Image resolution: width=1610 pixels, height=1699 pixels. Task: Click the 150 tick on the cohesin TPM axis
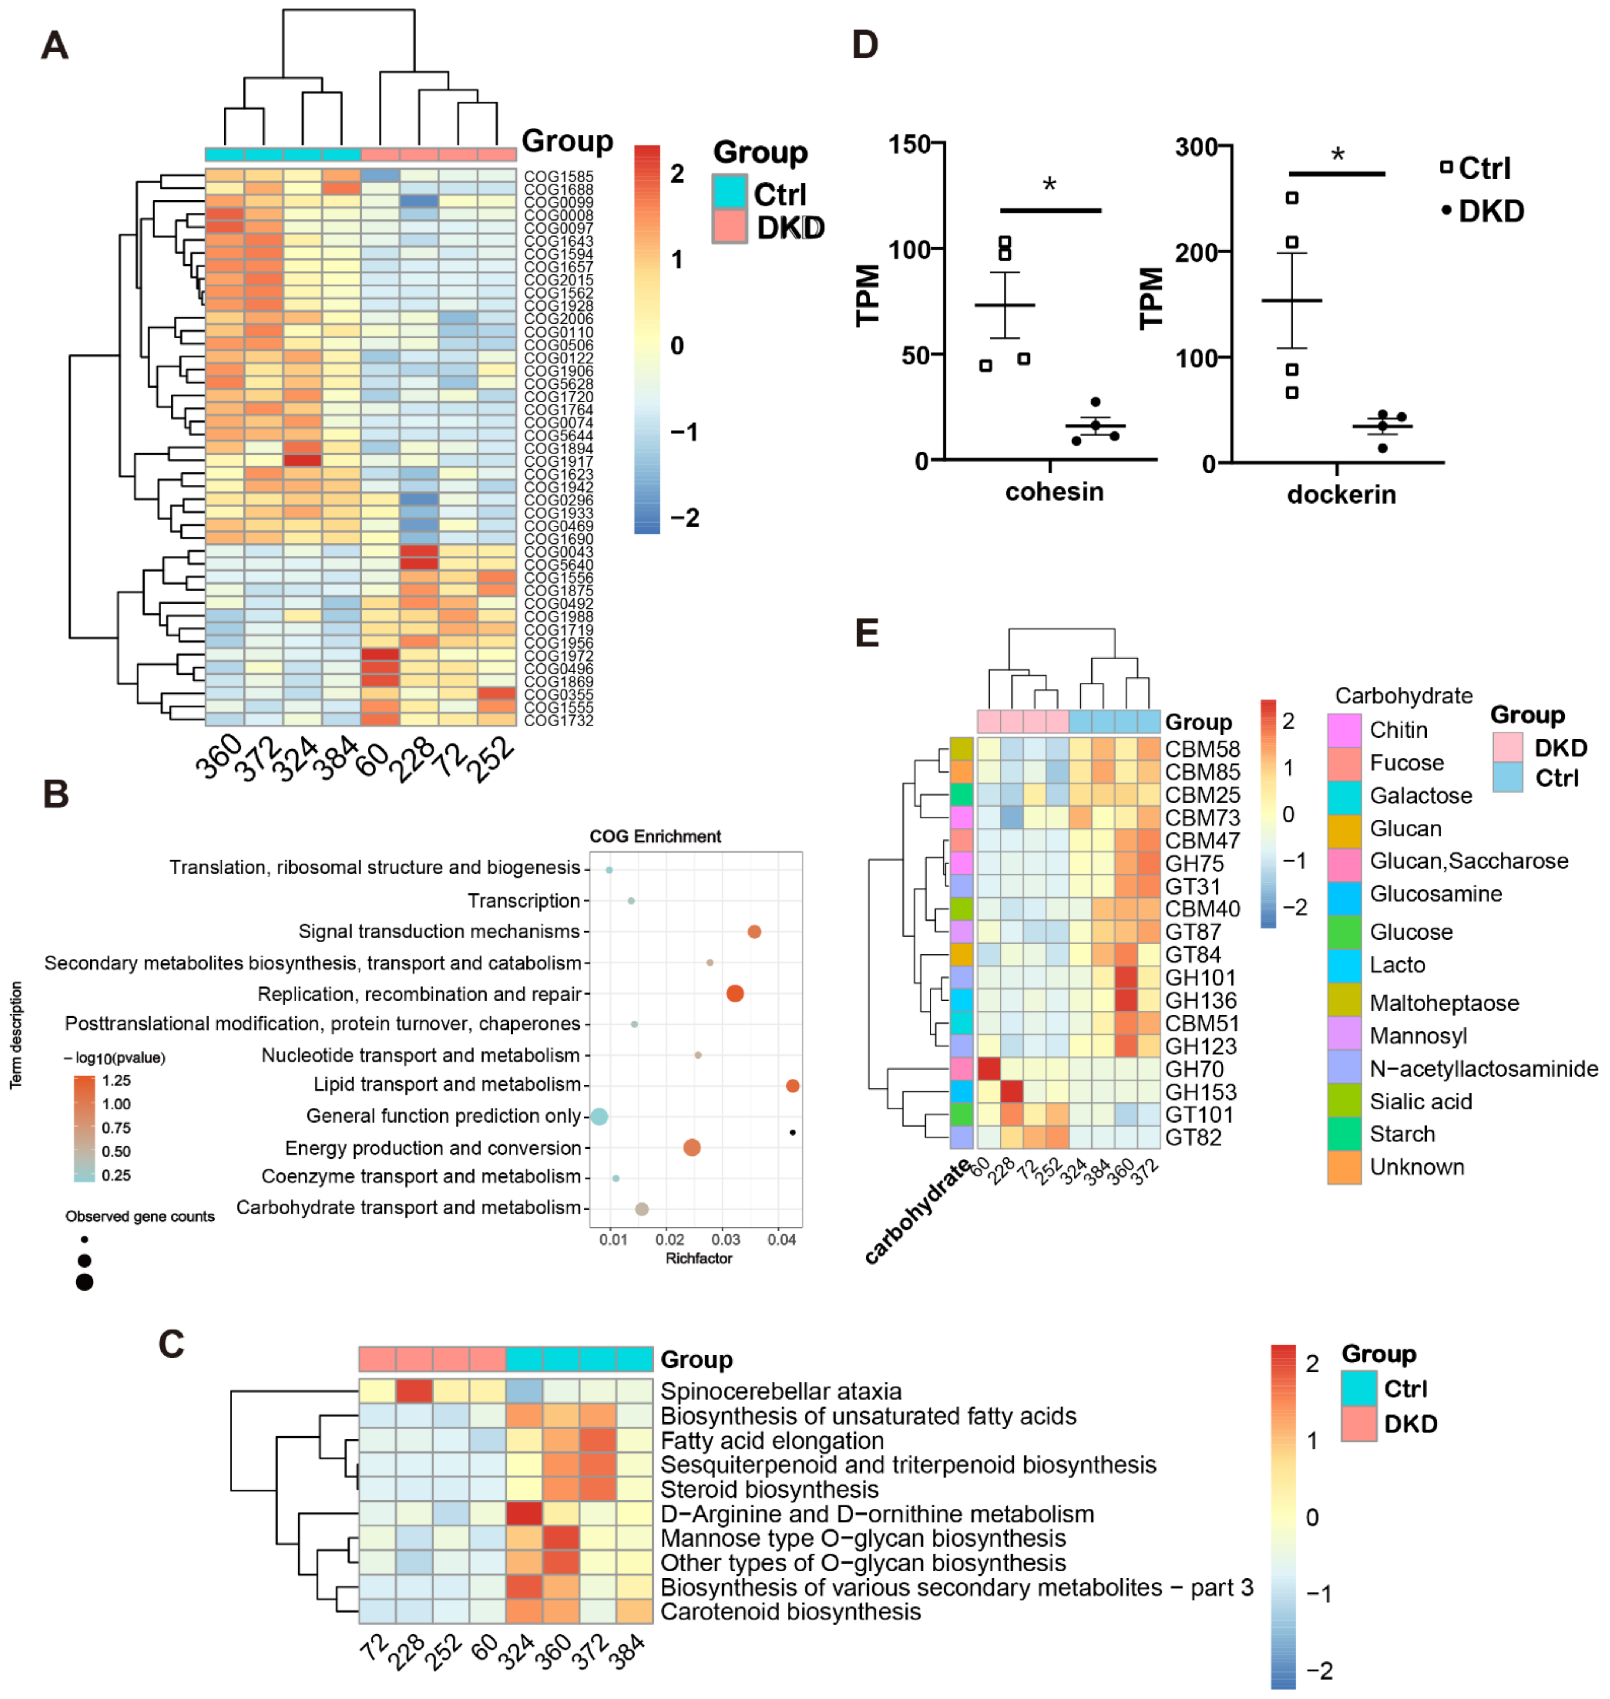(910, 144)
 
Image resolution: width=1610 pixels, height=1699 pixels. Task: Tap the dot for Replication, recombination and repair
(735, 994)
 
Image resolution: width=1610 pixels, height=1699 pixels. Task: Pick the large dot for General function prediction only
(599, 1116)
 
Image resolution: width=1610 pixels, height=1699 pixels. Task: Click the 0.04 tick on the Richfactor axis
(781, 1240)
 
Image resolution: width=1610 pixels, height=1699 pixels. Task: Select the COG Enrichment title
(655, 836)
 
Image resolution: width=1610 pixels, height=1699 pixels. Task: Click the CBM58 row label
(1202, 749)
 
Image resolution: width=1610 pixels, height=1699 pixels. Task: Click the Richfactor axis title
(699, 1259)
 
